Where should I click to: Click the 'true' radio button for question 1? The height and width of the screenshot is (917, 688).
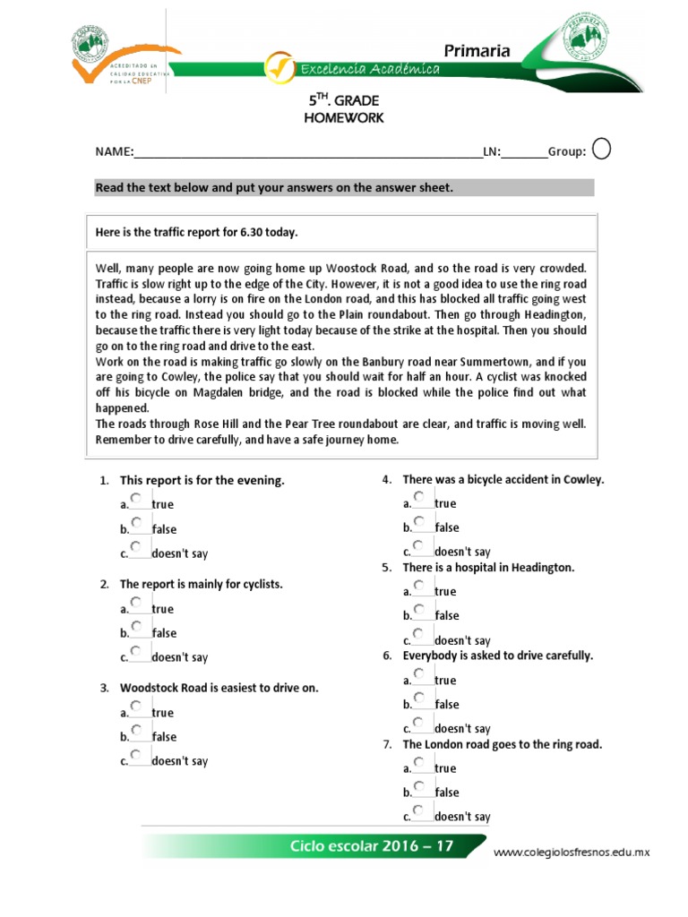tap(135, 498)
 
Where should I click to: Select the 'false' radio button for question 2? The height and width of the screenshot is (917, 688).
tap(135, 626)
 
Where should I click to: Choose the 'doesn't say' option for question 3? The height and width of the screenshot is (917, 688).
tap(135, 755)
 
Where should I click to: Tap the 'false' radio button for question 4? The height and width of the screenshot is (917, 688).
tap(418, 521)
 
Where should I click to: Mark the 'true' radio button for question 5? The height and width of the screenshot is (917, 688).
tap(418, 586)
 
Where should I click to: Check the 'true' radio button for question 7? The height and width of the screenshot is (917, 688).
tap(418, 762)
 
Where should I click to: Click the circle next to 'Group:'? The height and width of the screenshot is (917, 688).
tap(603, 150)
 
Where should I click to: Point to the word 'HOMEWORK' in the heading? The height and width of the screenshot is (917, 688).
tap(344, 118)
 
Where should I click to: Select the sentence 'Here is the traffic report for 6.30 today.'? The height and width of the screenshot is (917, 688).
tap(196, 233)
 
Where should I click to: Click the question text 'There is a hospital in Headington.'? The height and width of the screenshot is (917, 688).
tap(488, 568)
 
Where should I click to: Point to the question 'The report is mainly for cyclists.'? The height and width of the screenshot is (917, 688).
tap(201, 584)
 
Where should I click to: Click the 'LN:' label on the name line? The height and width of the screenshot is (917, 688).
tap(491, 152)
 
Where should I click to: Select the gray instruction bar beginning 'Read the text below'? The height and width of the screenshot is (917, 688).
tap(344, 187)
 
